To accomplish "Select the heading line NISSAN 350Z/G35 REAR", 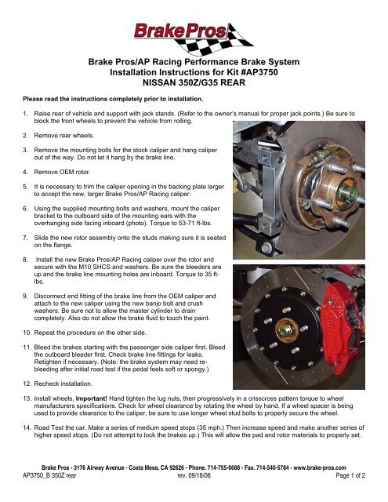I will coord(193,82).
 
